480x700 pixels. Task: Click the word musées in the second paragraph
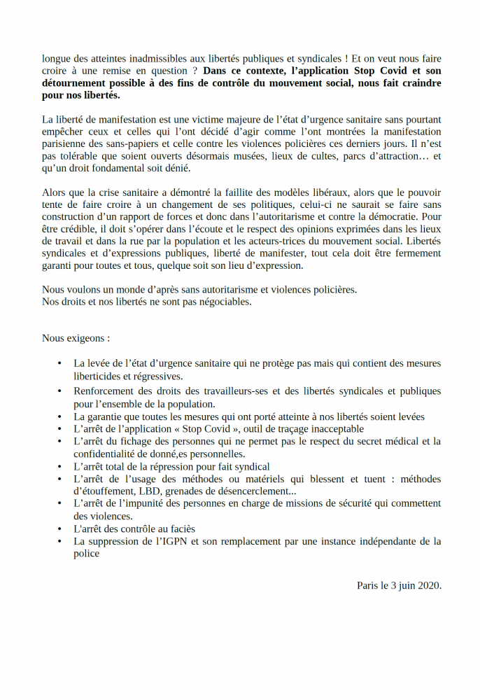point(248,156)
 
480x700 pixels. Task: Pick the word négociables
point(223,302)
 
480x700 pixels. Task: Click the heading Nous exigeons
point(76,338)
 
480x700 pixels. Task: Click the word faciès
point(178,528)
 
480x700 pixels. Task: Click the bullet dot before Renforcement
point(62,391)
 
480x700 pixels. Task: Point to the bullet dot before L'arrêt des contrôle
point(62,528)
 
